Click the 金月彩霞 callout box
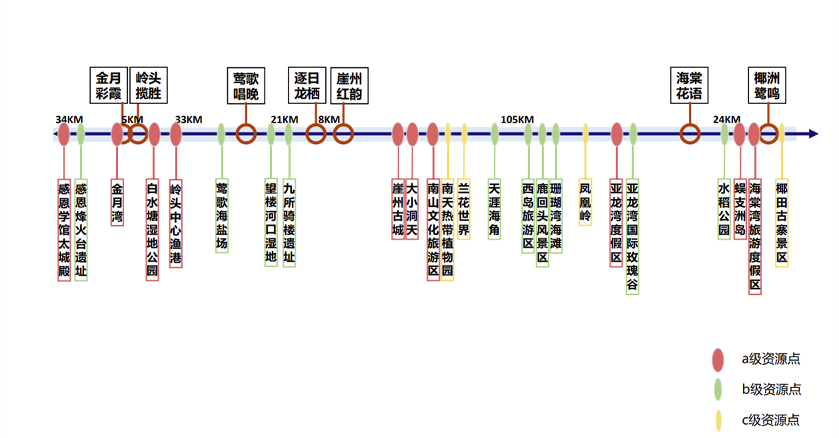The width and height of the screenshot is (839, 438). click(x=108, y=85)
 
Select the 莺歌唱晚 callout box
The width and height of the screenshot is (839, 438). click(x=246, y=85)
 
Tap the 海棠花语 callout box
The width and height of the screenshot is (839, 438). click(x=689, y=85)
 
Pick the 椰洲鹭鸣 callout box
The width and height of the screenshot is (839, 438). click(x=766, y=85)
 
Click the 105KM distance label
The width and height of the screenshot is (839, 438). click(x=517, y=119)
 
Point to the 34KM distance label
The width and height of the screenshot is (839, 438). click(x=69, y=119)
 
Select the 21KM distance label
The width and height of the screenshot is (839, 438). click(x=284, y=119)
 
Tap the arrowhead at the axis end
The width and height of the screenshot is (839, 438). click(x=812, y=134)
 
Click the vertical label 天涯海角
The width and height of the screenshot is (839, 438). click(x=494, y=209)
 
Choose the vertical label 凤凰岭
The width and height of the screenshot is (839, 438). click(x=585, y=202)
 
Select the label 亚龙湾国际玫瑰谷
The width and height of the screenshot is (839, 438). click(x=632, y=236)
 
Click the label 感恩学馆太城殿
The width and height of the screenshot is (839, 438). click(x=64, y=229)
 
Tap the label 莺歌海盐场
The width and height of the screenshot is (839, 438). click(x=221, y=215)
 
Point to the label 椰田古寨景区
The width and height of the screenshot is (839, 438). click(x=782, y=223)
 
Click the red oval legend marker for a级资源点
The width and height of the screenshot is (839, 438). click(x=718, y=360)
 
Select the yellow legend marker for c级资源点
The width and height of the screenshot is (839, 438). click(x=718, y=421)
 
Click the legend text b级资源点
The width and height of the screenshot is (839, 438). click(x=772, y=389)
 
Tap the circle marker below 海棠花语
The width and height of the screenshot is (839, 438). click(x=689, y=134)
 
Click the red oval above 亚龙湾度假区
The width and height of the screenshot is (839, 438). click(x=616, y=134)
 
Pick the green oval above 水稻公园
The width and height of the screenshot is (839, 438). click(x=724, y=134)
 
